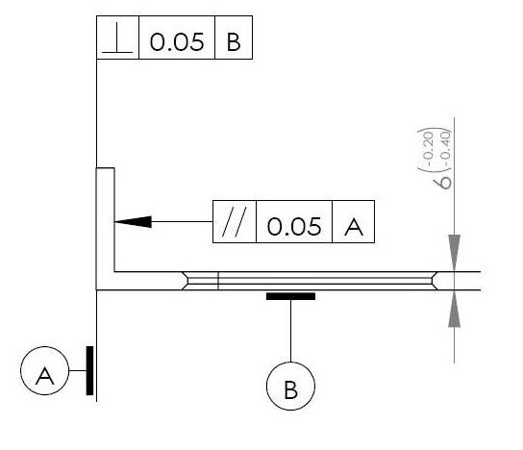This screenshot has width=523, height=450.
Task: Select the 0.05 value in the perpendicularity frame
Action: click(x=177, y=42)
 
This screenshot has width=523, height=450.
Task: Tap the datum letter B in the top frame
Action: click(x=234, y=42)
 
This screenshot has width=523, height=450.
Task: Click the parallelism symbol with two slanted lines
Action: click(x=235, y=221)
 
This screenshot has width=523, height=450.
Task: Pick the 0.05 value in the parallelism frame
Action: click(x=294, y=226)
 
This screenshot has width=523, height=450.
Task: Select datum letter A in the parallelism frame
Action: click(x=354, y=227)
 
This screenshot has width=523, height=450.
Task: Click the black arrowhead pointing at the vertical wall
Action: click(x=133, y=222)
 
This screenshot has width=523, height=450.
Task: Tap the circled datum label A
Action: click(x=44, y=370)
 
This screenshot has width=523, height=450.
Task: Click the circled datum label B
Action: click(x=290, y=386)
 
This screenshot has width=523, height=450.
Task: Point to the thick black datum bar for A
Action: click(x=89, y=370)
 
